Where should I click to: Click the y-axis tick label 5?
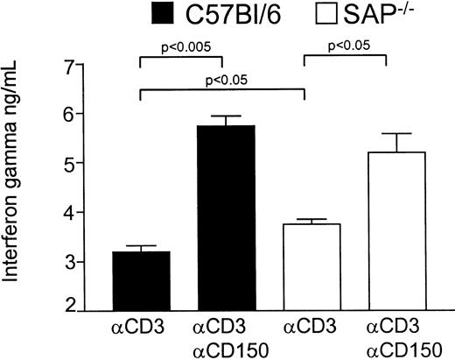click(x=80, y=163)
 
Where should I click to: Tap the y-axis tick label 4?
click(x=80, y=213)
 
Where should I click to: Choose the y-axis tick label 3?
click(x=80, y=262)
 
